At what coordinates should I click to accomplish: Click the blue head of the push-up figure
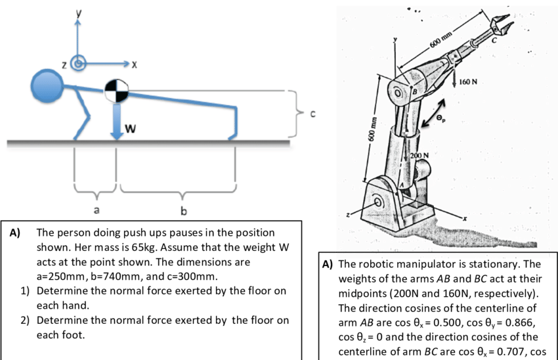pyautogui.click(x=47, y=86)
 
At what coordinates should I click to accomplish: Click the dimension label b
pyautogui.click(x=183, y=210)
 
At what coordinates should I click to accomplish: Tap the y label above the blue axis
pyautogui.click(x=78, y=12)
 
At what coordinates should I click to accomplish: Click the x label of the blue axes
pyautogui.click(x=134, y=64)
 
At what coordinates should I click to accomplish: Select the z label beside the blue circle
pyautogui.click(x=64, y=64)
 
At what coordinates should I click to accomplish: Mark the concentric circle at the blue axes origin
pyautogui.click(x=79, y=64)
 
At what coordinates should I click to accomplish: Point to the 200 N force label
pyautogui.click(x=419, y=155)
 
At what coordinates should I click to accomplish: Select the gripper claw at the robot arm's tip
pyautogui.click(x=500, y=25)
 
